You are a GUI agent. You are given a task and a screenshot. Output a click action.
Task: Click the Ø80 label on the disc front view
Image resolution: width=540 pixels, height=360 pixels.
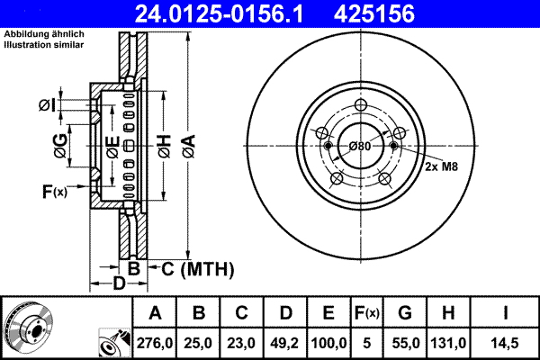click(359, 146)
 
